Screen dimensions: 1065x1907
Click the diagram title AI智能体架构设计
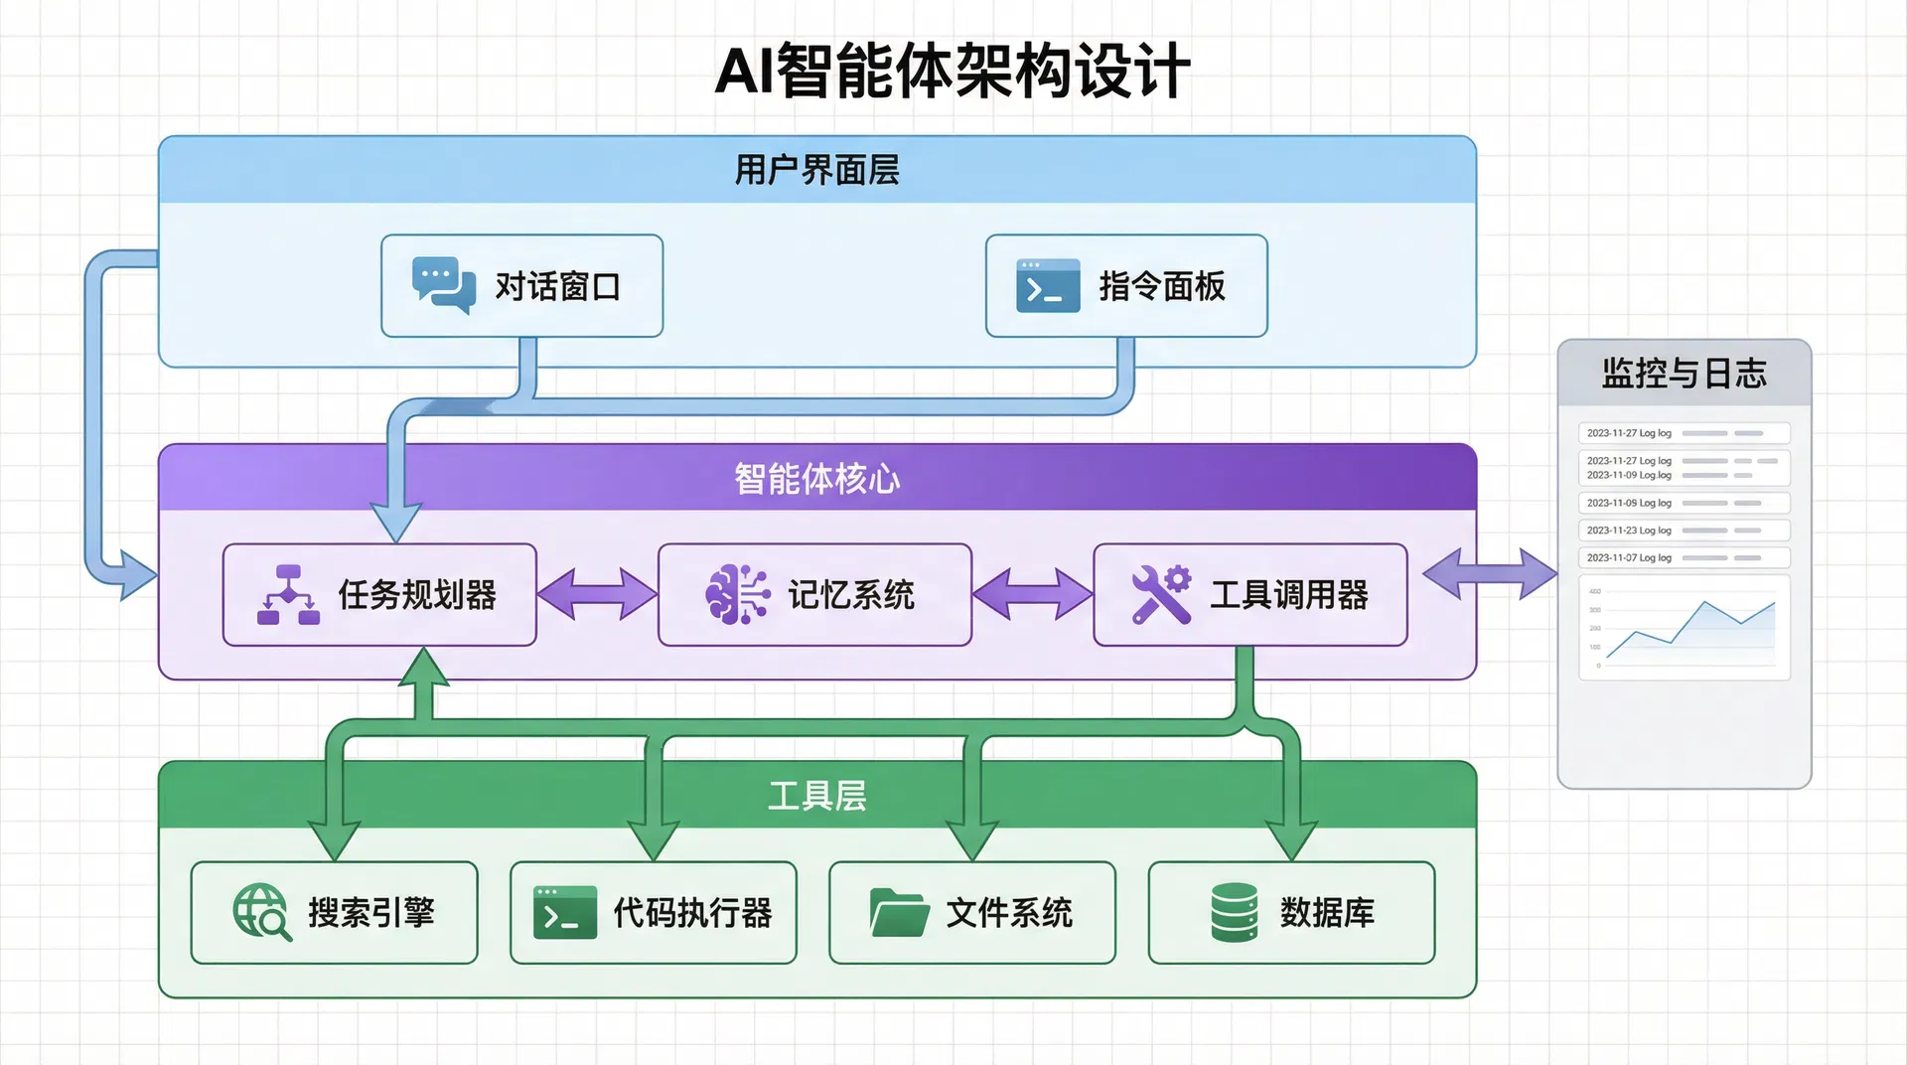(x=953, y=71)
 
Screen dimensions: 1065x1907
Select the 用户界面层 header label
(x=816, y=170)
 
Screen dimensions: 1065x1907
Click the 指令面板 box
(x=1126, y=286)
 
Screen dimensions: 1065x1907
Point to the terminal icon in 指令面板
(x=1048, y=286)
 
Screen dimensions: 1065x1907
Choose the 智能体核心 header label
(x=816, y=479)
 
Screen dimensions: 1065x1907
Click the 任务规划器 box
(x=379, y=595)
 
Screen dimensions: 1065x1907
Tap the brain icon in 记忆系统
(x=737, y=595)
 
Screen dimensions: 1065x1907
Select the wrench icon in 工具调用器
(x=1161, y=594)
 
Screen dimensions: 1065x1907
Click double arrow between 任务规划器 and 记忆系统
(x=597, y=594)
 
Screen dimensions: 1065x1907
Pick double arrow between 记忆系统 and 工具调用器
(x=1032, y=594)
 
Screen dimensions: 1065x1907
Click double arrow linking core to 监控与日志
(x=1489, y=573)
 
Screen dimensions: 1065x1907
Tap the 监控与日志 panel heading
(x=1684, y=374)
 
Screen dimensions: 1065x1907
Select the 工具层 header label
(x=816, y=796)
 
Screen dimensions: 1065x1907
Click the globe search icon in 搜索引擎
(x=261, y=912)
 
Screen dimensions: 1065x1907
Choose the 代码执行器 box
(x=654, y=912)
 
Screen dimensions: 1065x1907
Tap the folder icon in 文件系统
(x=899, y=912)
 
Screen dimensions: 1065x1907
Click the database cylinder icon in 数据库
(x=1235, y=912)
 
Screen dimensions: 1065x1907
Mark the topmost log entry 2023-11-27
(x=1684, y=433)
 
